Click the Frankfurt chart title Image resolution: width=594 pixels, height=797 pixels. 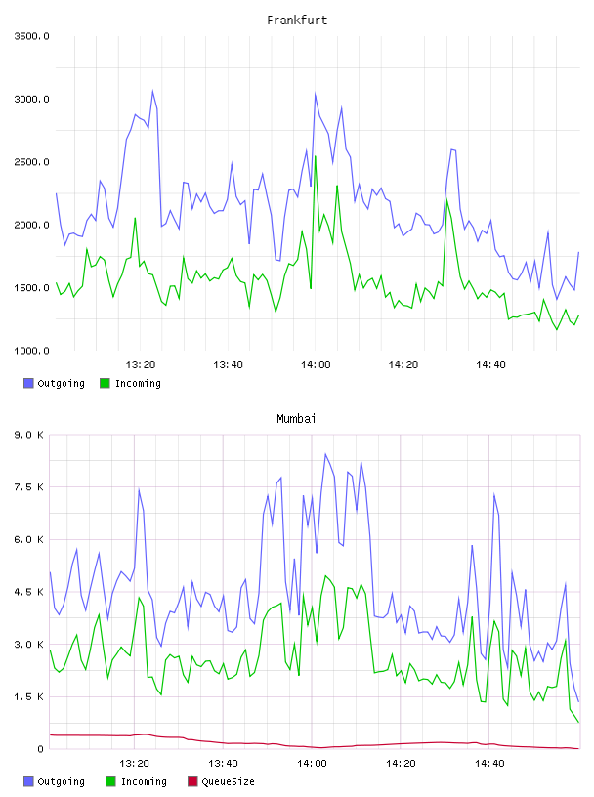point(297,21)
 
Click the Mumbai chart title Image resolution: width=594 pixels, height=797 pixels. point(296,419)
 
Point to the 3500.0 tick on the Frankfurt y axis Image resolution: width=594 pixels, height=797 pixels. point(31,36)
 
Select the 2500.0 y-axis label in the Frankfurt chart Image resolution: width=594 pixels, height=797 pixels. point(31,162)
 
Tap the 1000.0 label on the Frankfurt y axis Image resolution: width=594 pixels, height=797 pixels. point(31,351)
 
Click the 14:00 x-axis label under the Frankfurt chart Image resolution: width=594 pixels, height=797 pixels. point(316,365)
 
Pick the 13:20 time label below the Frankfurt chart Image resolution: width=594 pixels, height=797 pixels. point(141,365)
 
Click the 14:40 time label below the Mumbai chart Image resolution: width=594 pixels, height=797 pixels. point(489,764)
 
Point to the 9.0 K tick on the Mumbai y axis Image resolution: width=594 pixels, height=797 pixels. point(28,435)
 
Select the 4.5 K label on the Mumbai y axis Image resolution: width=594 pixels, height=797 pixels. point(28,592)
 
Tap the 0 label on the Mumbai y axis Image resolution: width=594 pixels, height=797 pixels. point(40,749)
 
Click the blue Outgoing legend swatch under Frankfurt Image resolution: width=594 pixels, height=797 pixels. point(28,383)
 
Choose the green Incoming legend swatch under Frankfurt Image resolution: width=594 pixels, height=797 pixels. point(105,383)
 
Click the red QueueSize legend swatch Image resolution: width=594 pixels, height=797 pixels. point(192,781)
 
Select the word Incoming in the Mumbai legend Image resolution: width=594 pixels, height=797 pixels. point(144,781)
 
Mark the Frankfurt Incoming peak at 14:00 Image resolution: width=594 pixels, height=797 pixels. point(316,156)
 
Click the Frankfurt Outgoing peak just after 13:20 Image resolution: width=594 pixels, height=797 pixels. point(152,92)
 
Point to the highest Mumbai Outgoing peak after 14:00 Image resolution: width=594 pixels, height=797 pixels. point(325,454)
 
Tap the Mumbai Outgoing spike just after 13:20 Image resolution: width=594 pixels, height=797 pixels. point(139,490)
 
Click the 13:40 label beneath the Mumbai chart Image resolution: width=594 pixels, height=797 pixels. point(223,764)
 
